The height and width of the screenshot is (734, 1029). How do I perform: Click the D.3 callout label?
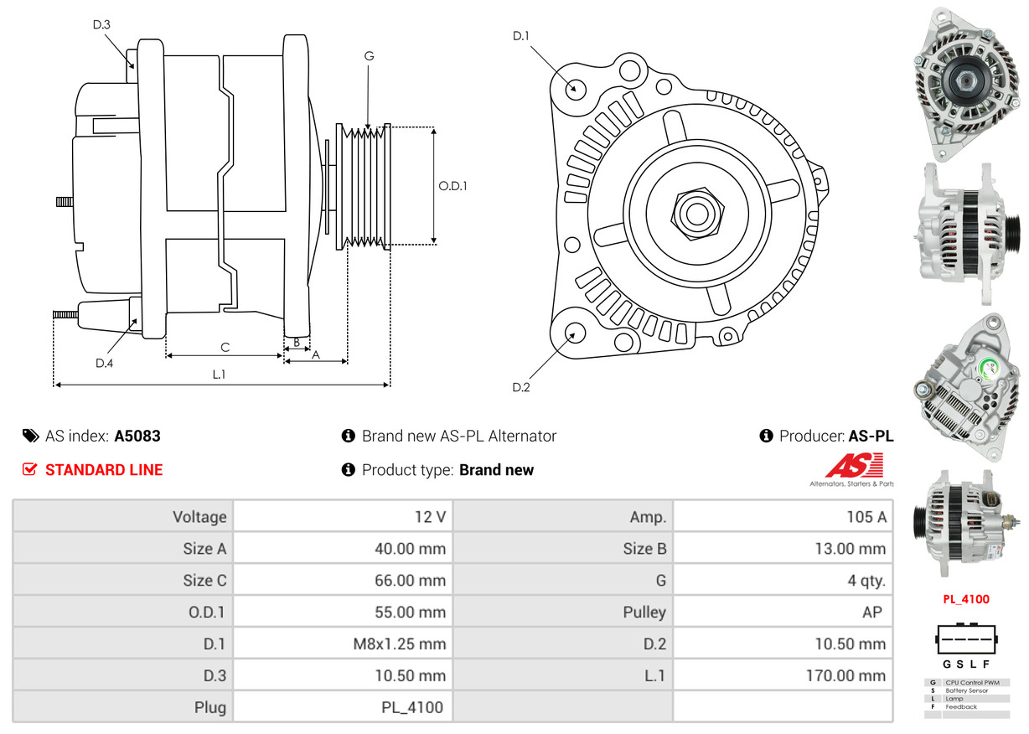101,24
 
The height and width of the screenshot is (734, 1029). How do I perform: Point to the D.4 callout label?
104,363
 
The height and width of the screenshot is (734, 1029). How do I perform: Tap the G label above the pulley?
369,56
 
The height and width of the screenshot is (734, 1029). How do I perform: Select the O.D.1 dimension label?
452,186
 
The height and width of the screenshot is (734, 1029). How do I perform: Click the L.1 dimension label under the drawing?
219,375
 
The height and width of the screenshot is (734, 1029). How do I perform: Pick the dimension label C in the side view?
225,346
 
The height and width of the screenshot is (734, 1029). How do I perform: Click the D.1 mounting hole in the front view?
575,88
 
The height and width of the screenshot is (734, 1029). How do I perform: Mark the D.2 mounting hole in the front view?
574,333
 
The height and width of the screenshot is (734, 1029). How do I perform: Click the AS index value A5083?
137,436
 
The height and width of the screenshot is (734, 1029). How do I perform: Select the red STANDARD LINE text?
104,470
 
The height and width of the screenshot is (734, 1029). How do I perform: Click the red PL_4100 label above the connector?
966,599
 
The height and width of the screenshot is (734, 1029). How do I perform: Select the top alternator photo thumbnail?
965,84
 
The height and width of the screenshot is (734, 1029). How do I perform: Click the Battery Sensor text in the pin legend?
966,690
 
